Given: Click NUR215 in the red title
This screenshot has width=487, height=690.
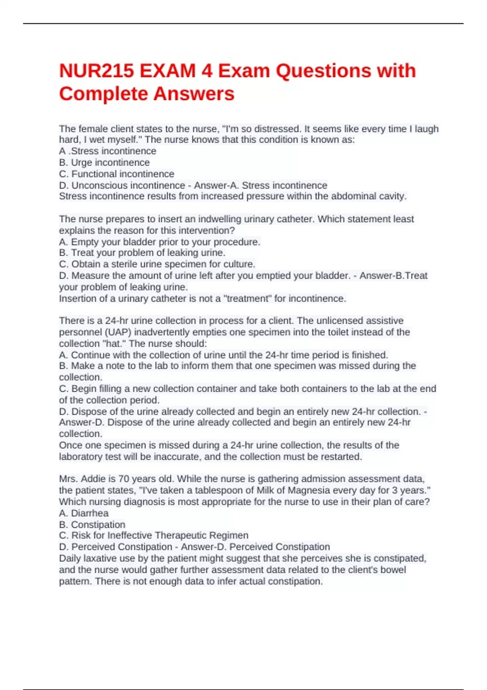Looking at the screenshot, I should point(96,71).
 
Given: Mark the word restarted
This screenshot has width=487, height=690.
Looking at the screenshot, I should point(341,457).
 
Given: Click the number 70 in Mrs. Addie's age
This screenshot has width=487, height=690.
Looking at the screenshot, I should point(123,479).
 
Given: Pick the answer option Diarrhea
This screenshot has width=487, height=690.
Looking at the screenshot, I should point(90,513).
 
